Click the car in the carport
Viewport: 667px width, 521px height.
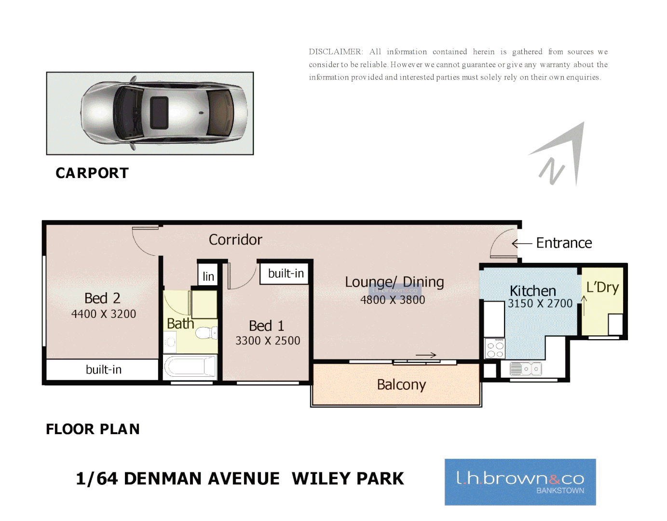pos(164,113)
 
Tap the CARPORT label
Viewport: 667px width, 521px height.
pos(92,173)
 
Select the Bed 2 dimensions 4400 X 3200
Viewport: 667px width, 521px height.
pos(104,314)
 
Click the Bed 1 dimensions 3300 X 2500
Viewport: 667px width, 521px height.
pos(268,341)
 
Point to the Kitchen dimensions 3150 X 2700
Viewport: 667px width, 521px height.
pos(540,303)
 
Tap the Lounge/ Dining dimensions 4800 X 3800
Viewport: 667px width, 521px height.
pos(393,300)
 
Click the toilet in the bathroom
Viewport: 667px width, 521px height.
pos(207,333)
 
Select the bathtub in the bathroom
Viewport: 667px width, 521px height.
pos(190,367)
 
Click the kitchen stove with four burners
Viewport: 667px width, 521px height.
pos(495,348)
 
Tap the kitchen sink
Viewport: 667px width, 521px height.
pos(526,369)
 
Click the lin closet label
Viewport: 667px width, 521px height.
pos(208,276)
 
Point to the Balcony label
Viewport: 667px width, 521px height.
pos(401,385)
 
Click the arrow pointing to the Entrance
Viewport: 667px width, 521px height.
pos(521,244)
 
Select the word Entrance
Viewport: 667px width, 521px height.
pos(564,243)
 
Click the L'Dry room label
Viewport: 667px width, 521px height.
pos(602,288)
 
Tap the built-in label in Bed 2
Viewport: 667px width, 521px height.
pos(104,370)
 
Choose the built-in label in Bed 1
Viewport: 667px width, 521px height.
pos(286,274)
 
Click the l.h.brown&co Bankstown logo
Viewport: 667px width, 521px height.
pos(520,482)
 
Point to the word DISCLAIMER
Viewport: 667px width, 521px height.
pos(336,52)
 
